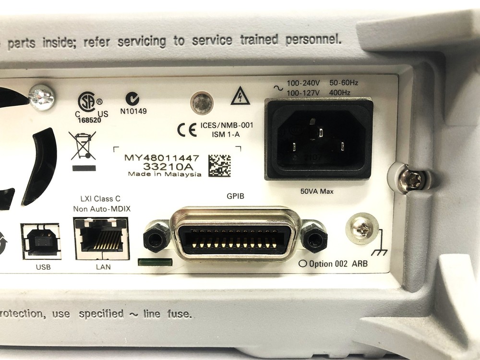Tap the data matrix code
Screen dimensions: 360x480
(219, 165)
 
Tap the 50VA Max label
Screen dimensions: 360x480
(317, 192)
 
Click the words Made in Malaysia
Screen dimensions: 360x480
(164, 174)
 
